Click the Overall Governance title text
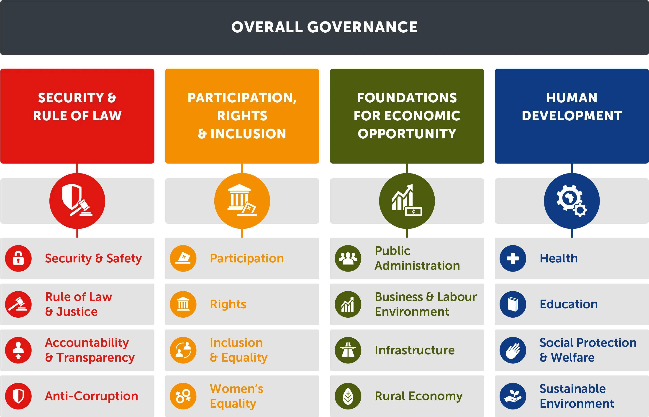point(324,27)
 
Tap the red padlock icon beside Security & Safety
point(18,258)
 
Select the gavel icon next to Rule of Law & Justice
point(18,304)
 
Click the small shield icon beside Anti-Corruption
point(18,396)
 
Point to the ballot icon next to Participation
point(183,258)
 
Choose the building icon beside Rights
point(183,304)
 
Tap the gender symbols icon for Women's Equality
point(183,396)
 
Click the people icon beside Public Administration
point(348,258)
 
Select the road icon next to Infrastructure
point(348,350)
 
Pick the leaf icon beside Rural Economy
point(348,396)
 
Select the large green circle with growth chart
point(407,201)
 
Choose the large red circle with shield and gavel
point(77,201)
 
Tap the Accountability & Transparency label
point(90,350)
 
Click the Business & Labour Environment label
point(426,304)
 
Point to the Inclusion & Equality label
point(239,350)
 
